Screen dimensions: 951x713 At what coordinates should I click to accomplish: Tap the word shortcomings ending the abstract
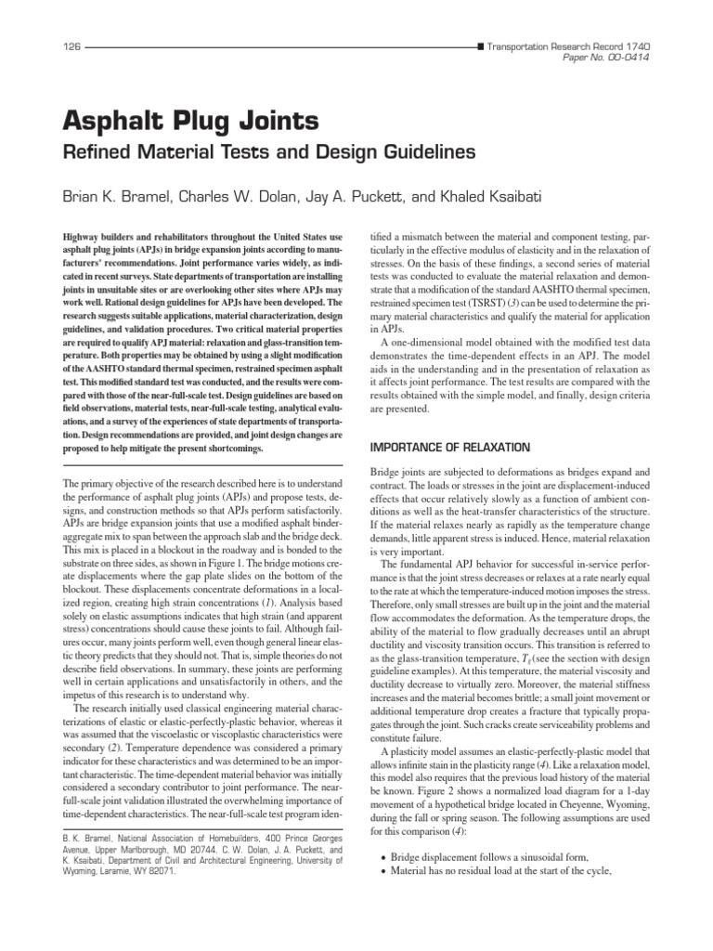(x=236, y=449)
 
